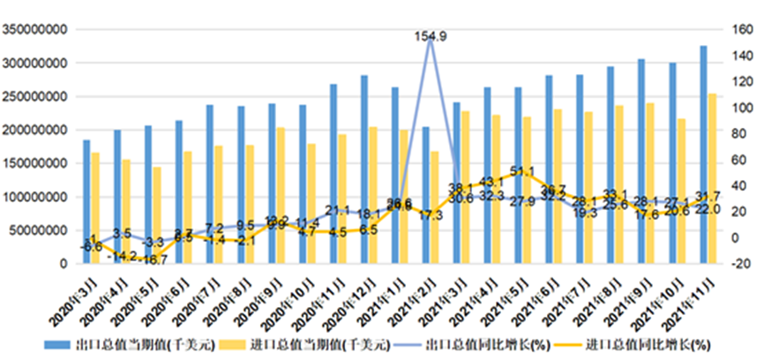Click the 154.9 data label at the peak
pos(431,36)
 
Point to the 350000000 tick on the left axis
pos(37,30)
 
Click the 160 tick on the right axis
pos(739,30)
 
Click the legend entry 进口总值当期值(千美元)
pos(310,344)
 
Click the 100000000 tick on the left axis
pos(37,197)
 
